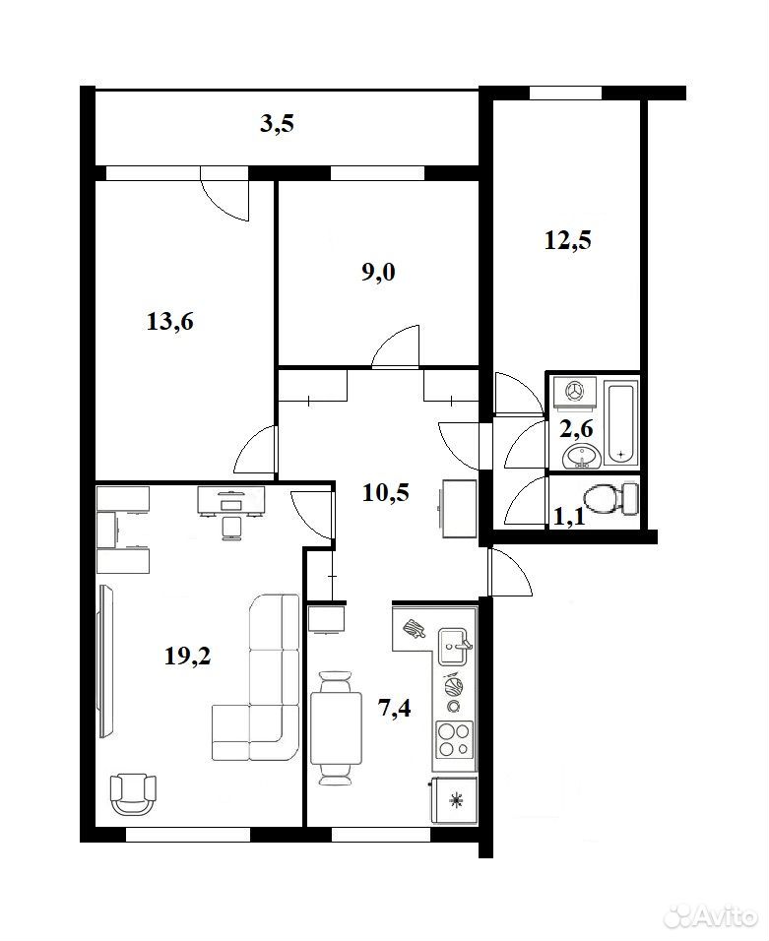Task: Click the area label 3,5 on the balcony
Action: [278, 124]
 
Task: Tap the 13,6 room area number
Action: [170, 322]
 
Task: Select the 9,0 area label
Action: [378, 273]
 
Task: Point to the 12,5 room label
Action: [567, 239]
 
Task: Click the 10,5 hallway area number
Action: [385, 492]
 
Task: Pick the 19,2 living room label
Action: [188, 656]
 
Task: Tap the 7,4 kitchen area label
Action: [394, 708]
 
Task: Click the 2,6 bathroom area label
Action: [576, 428]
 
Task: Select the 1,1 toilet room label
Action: [568, 516]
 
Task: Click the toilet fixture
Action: [610, 498]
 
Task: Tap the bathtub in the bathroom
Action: [622, 423]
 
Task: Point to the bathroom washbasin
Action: [582, 457]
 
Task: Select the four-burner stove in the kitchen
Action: [455, 739]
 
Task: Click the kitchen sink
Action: [453, 647]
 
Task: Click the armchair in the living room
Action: [133, 793]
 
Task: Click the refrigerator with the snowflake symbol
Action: [455, 800]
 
